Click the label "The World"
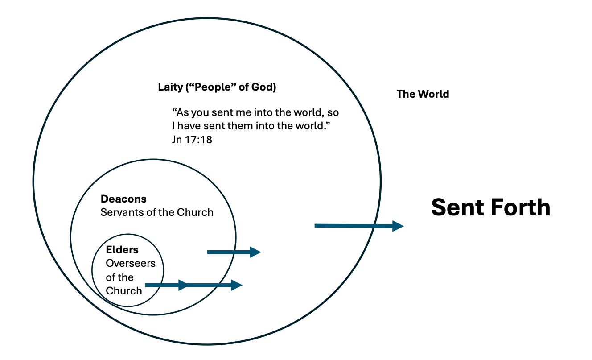coord(423,94)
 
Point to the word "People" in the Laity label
coord(211,87)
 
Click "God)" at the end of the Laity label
coord(265,87)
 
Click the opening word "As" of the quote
coord(180,112)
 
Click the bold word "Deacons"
coord(123,199)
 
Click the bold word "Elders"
coord(122,250)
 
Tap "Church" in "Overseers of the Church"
coord(124,291)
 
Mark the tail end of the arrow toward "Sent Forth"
coord(317,226)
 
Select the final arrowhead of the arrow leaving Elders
coord(237,285)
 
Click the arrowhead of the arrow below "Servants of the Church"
coord(255,252)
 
